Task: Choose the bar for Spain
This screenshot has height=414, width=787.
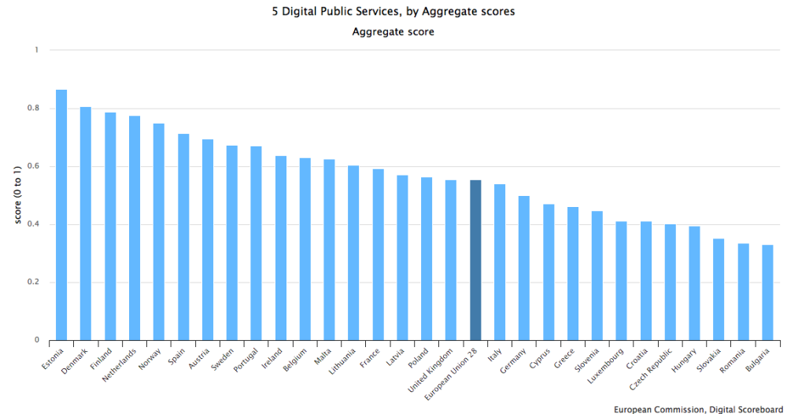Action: tap(183, 237)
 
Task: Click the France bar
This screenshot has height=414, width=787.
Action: tap(378, 255)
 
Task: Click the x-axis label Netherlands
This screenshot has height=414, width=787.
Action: tap(124, 365)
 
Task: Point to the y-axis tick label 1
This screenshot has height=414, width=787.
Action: tap(36, 50)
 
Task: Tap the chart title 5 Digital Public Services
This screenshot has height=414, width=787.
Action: tap(391, 12)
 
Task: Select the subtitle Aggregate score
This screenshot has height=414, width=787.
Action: tap(393, 32)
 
